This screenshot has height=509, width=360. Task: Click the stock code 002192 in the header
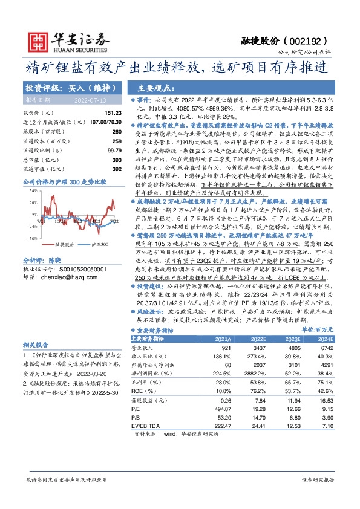coord(310,41)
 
